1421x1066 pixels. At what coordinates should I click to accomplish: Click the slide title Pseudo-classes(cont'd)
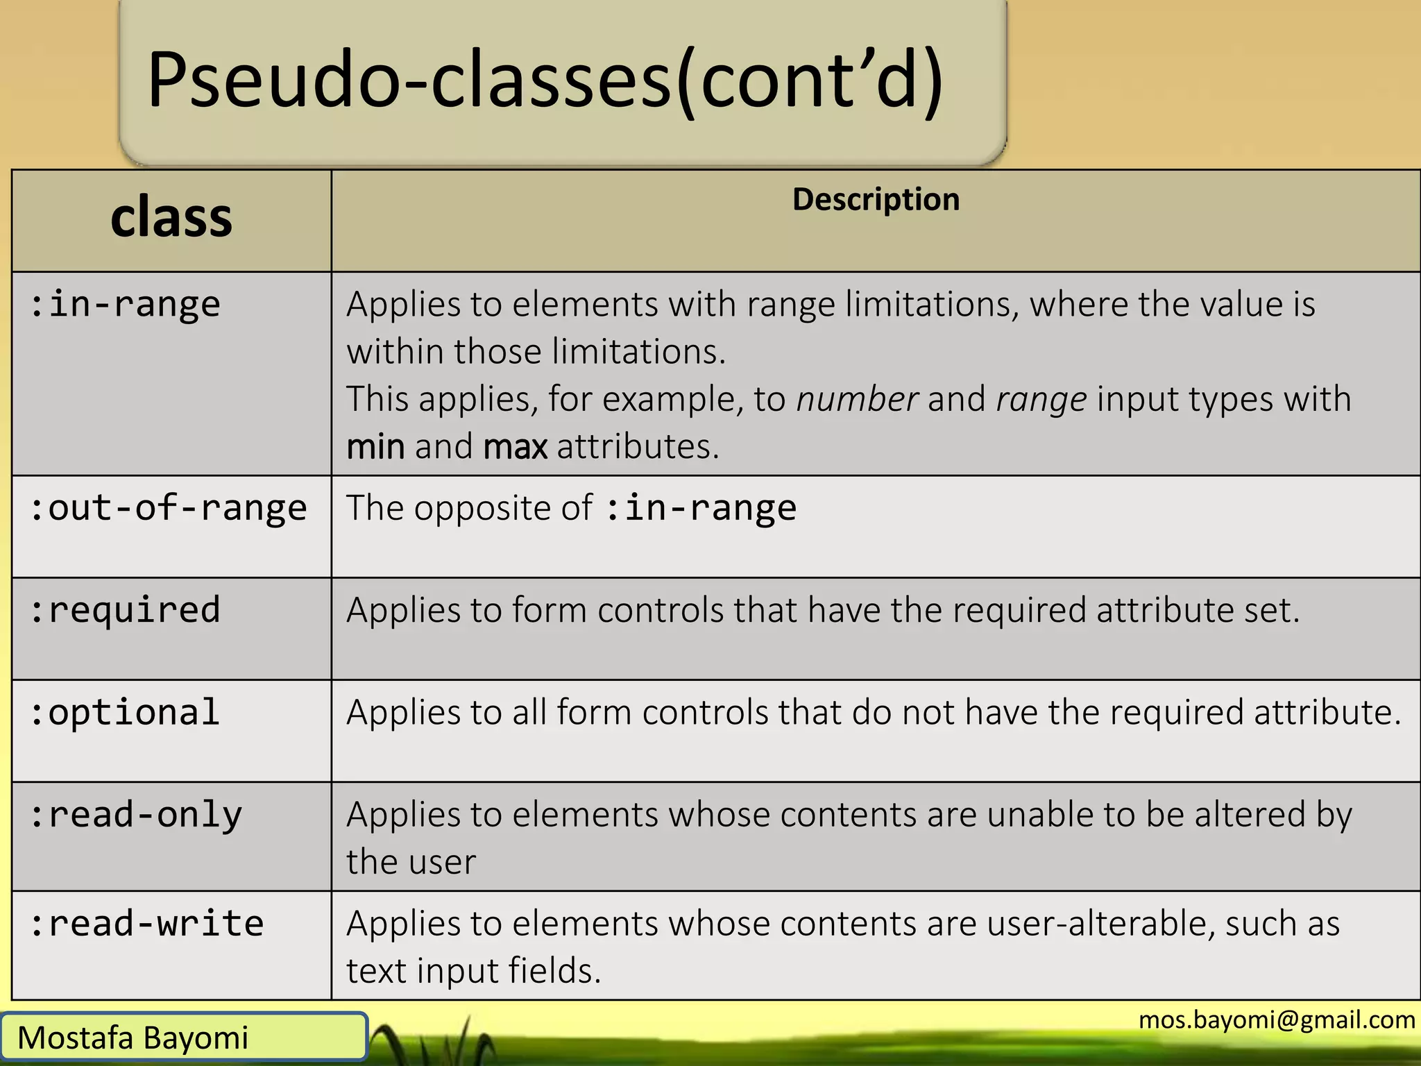[x=545, y=80]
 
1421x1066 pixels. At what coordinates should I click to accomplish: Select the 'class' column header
[x=171, y=218]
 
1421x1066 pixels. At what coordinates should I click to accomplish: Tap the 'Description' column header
[x=876, y=200]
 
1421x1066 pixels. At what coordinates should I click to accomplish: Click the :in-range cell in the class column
[x=126, y=305]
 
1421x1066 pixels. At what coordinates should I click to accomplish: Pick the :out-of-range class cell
[x=168, y=508]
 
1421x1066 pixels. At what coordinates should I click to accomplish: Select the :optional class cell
[x=126, y=713]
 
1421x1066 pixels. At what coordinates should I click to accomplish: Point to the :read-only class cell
[x=136, y=815]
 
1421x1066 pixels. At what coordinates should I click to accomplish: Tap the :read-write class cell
[x=147, y=924]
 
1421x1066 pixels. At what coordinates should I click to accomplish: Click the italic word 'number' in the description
[x=857, y=399]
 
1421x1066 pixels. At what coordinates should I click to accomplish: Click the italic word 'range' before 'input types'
[x=1041, y=399]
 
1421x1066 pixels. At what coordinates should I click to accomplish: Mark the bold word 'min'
[x=375, y=446]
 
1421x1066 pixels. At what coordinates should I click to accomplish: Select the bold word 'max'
[x=515, y=446]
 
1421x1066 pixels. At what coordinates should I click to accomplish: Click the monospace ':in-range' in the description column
[x=701, y=508]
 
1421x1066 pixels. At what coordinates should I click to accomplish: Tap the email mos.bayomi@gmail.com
[x=1277, y=1020]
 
